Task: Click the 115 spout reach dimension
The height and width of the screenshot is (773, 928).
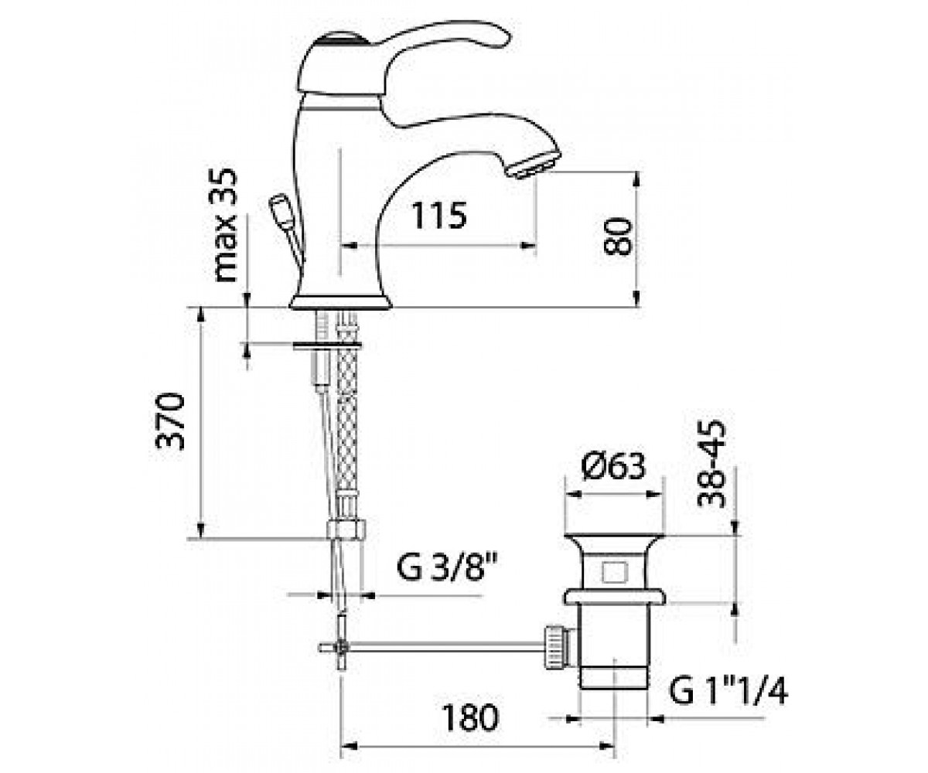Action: click(x=439, y=215)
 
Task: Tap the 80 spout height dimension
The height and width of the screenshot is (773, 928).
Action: click(x=618, y=236)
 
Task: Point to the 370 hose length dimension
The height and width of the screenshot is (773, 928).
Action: click(x=170, y=421)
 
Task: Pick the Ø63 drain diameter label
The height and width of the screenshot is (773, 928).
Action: click(x=613, y=466)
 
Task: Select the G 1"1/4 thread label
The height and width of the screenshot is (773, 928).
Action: click(x=728, y=691)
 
